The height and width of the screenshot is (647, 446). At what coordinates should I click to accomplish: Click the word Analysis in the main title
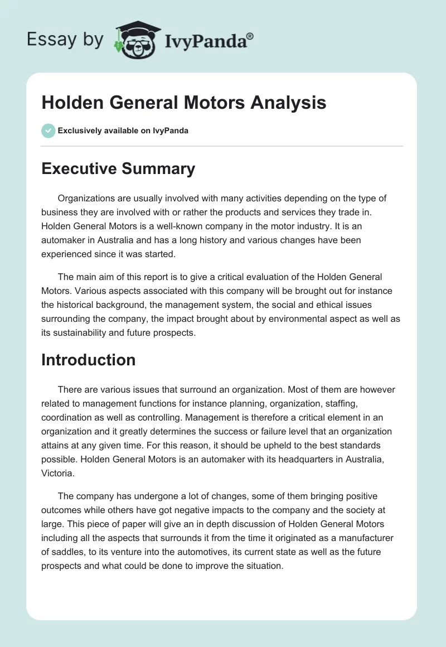pyautogui.click(x=288, y=103)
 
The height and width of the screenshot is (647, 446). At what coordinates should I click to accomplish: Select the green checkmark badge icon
pyautogui.click(x=48, y=131)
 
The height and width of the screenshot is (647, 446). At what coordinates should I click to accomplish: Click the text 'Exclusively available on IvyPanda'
pyautogui.click(x=123, y=131)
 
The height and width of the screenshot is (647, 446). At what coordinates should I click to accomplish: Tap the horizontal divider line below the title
pyautogui.click(x=222, y=146)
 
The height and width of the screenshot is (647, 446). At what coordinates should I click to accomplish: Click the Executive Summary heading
pyautogui.click(x=118, y=168)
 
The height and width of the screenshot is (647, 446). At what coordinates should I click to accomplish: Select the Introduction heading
pyautogui.click(x=88, y=360)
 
